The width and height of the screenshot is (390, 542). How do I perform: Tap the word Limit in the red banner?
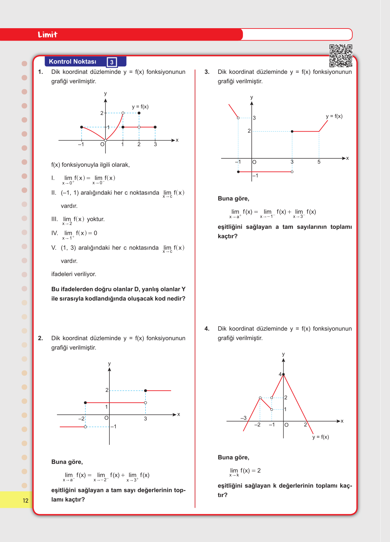(x=47, y=35)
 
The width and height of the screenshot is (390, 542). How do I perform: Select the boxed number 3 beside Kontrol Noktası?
(x=112, y=62)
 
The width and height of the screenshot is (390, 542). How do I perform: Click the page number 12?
(x=26, y=500)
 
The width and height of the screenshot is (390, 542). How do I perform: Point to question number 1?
(x=41, y=72)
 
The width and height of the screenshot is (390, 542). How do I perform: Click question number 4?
(x=207, y=329)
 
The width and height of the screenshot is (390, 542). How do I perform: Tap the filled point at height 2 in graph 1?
(x=139, y=113)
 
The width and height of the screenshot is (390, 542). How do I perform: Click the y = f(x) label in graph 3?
(x=334, y=116)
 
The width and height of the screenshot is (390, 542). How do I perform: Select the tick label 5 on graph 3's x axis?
(x=319, y=162)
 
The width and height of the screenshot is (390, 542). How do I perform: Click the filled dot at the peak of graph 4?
(x=283, y=374)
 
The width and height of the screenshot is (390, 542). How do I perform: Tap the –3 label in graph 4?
(x=243, y=418)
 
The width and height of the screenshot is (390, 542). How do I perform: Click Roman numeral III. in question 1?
(x=54, y=219)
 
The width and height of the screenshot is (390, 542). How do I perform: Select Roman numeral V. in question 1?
(x=54, y=248)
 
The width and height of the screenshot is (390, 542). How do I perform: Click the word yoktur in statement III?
(x=96, y=219)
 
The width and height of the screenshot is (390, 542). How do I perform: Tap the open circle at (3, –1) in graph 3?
(x=292, y=172)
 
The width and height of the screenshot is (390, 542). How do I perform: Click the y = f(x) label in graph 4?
(x=321, y=437)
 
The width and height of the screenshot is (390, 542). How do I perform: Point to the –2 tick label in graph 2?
(x=81, y=419)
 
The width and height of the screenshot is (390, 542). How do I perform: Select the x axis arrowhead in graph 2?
(x=174, y=415)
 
